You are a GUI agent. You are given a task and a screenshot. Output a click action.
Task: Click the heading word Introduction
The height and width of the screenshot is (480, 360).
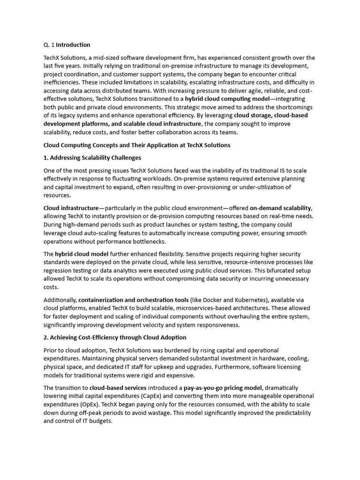coord(73,45)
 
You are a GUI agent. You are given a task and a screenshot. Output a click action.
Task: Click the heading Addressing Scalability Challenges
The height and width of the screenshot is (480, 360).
coord(92,157)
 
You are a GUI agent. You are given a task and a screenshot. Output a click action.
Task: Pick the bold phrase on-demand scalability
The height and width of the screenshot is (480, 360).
coord(280,208)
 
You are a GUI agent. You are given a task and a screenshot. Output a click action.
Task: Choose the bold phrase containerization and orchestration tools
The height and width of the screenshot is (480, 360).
coord(134,300)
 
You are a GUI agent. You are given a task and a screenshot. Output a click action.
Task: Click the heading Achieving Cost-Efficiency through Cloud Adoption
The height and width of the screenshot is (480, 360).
coord(115,337)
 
